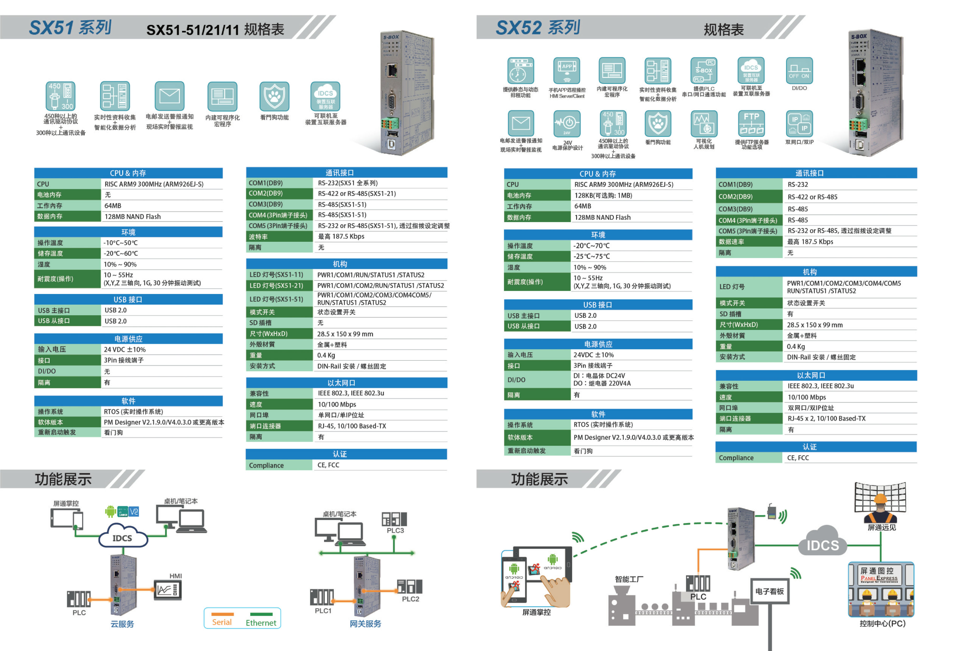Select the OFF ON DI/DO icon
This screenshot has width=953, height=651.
799,71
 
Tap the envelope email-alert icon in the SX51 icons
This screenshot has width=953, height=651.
169,96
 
